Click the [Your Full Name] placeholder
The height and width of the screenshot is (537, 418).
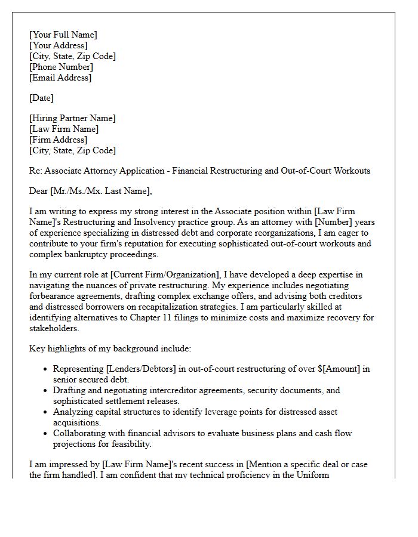point(63,35)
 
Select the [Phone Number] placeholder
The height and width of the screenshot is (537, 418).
point(60,67)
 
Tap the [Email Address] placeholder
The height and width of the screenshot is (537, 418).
point(60,78)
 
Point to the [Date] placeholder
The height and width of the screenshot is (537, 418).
point(41,98)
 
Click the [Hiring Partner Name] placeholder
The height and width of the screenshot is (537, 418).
point(72,119)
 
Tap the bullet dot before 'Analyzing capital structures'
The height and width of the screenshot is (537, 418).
point(45,412)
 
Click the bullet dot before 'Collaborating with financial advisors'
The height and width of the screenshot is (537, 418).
point(45,434)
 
